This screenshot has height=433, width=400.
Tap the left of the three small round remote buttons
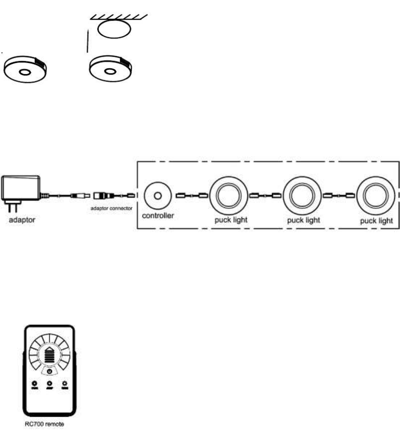coord(35,384)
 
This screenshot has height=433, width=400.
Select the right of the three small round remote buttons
coord(64,384)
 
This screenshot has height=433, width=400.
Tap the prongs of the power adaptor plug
coord(11,206)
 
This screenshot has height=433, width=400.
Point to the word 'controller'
coord(158,216)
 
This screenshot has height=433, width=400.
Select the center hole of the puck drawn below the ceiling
coord(110,72)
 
